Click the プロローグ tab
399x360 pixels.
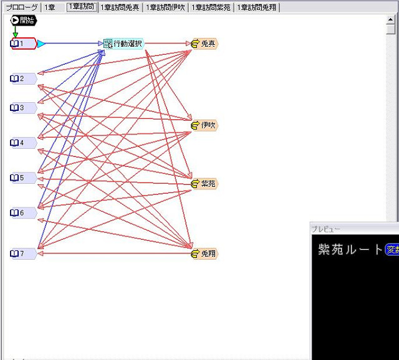(21, 7)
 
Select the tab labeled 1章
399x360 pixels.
(50, 7)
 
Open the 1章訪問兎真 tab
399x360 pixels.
(120, 7)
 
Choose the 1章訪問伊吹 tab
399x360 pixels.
(166, 7)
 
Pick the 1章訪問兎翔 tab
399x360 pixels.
(257, 7)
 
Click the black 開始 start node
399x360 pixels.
(24, 21)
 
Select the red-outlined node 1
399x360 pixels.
(23, 44)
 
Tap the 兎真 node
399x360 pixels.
(204, 44)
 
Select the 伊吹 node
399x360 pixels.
(204, 126)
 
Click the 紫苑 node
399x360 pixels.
(204, 184)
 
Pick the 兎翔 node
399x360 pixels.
(204, 253)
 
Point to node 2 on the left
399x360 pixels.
(23, 78)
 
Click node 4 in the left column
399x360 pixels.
(23, 143)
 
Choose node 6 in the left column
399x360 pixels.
(23, 213)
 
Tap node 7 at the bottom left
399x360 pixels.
(23, 253)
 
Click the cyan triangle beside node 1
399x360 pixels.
(41, 44)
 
